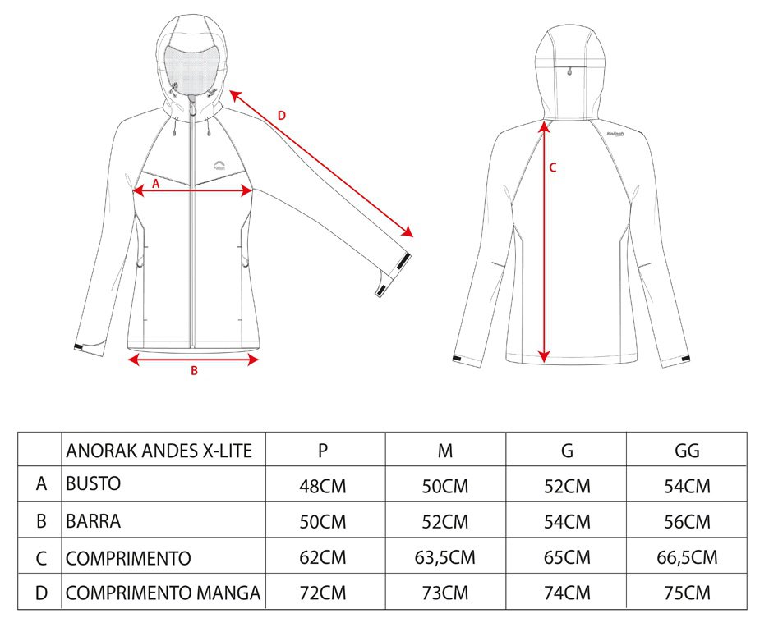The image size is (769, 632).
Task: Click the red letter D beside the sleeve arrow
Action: point(282,116)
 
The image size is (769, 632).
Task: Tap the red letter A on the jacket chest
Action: point(156,184)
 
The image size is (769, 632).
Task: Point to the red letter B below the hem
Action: point(194,371)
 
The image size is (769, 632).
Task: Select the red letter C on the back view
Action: point(553,168)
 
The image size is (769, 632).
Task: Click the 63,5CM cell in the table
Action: point(444,557)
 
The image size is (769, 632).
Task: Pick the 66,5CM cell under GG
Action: point(687,557)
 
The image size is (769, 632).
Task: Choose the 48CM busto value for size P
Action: point(323,486)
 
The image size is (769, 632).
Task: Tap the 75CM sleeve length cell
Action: point(687,593)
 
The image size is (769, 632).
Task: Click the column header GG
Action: point(687,451)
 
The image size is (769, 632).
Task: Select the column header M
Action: point(444,451)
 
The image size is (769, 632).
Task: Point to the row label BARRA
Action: point(93,521)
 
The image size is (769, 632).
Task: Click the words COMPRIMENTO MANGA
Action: point(163,593)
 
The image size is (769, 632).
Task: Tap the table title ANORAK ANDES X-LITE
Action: point(159,451)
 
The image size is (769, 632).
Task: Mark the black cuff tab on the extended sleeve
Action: point(403,262)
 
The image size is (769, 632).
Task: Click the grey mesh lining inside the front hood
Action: point(191,70)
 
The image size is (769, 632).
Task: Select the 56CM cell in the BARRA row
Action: point(687,522)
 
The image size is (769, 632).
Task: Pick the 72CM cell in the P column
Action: point(323,593)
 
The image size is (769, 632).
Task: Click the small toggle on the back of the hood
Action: point(569,71)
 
